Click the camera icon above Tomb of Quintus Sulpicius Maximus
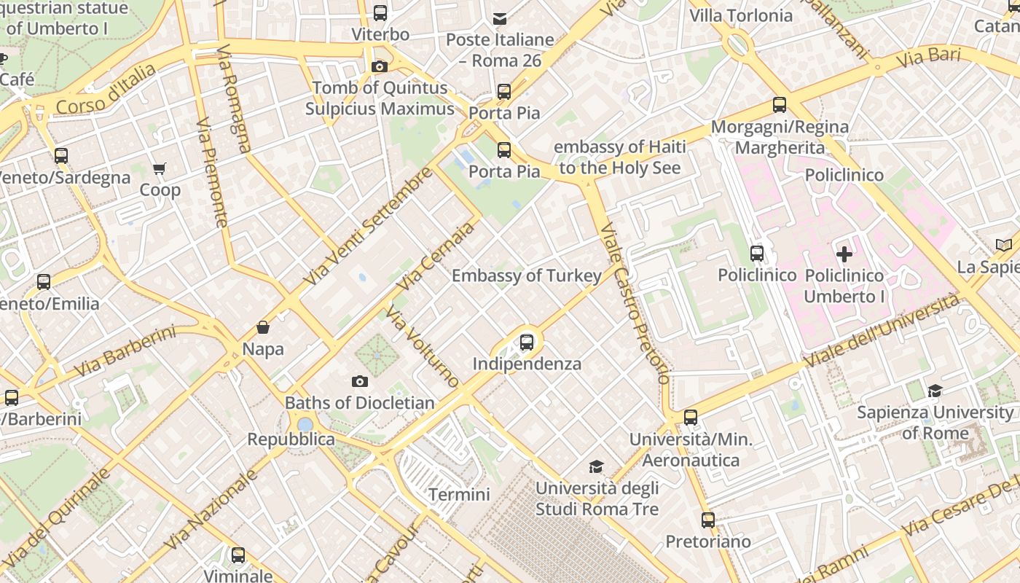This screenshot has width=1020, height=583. (379, 67)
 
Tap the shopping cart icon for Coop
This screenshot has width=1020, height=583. (160, 169)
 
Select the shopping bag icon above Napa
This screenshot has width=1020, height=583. (263, 328)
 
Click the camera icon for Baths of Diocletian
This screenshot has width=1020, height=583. (359, 381)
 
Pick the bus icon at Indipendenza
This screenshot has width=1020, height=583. (527, 342)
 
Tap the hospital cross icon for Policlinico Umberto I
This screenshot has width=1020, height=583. (844, 254)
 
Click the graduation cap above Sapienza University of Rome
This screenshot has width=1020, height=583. (935, 391)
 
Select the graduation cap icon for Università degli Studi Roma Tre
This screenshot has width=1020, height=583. (597, 466)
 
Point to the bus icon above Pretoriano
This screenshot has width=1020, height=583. (708, 520)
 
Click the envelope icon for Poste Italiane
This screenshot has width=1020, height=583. (500, 18)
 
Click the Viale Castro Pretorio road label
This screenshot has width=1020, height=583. (632, 303)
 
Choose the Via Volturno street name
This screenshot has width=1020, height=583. (423, 347)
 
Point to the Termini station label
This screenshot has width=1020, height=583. (459, 495)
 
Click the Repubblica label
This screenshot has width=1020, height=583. (291, 439)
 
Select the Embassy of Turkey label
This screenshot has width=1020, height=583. (527, 275)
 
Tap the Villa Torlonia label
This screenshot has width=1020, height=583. (741, 15)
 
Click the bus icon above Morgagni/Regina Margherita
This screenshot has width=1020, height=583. (780, 105)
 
